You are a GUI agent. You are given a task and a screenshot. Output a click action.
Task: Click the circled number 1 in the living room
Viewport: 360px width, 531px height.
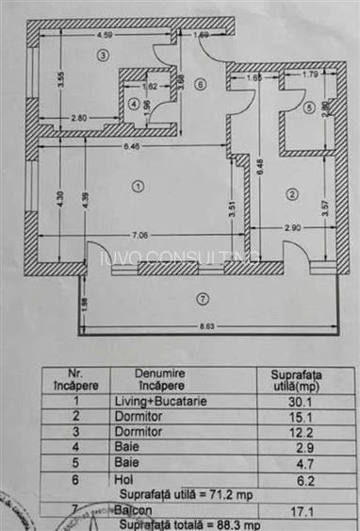click(x=138, y=187)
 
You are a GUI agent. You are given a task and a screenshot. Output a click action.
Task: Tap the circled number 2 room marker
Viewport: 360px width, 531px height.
click(x=293, y=194)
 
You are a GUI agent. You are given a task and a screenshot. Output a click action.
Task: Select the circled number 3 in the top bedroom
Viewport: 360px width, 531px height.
click(x=100, y=56)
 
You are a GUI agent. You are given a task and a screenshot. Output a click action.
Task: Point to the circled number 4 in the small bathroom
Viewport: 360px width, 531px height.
click(x=134, y=103)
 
